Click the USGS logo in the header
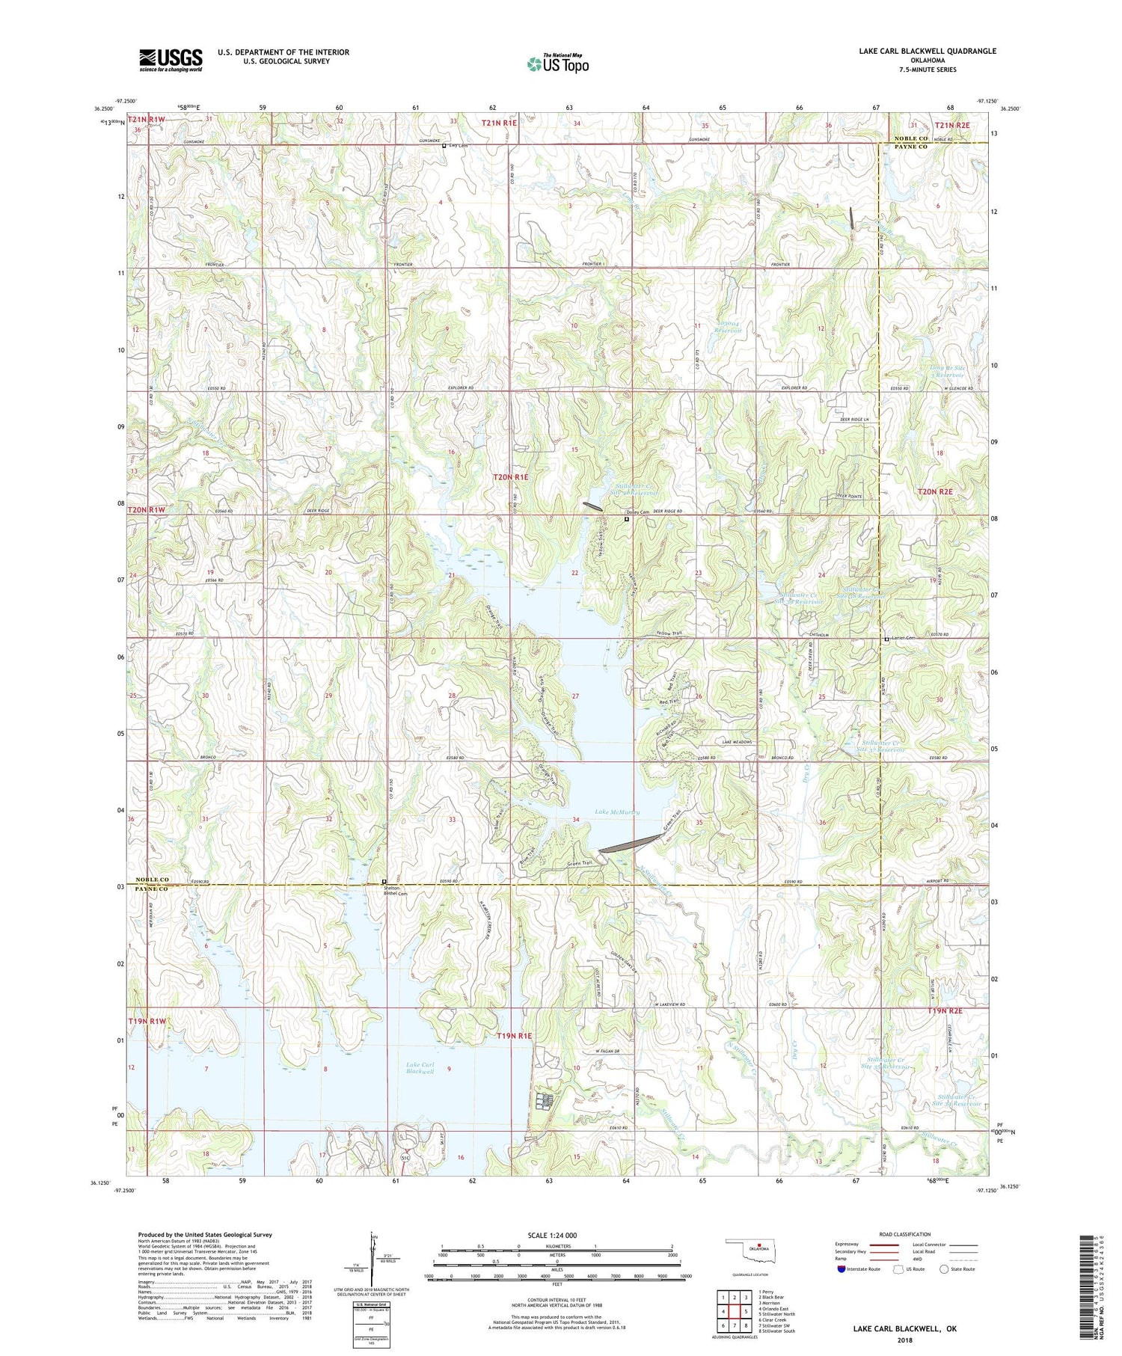[x=171, y=60]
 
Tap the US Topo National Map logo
[x=557, y=64]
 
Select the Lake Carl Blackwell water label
[x=420, y=1067]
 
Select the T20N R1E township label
[x=510, y=476]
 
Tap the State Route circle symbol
[x=944, y=1269]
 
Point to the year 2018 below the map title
[x=904, y=1340]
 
